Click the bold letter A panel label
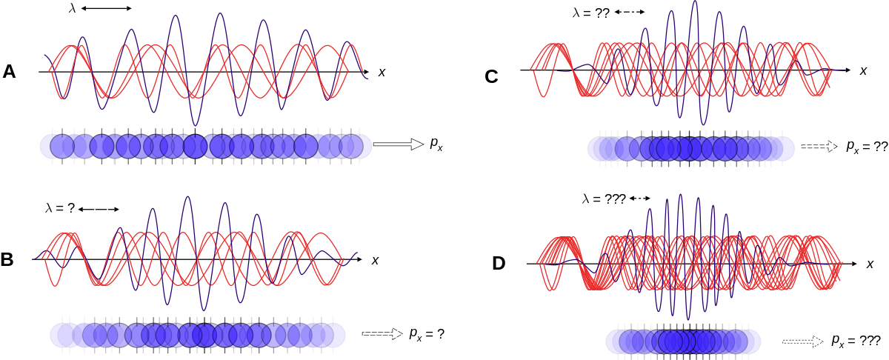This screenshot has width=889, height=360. [x=9, y=72]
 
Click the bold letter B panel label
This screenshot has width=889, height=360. [x=7, y=259]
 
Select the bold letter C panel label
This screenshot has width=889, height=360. [x=491, y=76]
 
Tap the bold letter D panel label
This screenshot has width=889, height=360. [x=499, y=264]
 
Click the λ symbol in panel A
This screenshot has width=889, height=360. [x=72, y=8]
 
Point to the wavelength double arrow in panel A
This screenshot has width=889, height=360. [x=107, y=8]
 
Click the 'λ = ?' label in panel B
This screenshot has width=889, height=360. [x=60, y=208]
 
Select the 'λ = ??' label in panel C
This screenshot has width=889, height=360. [x=591, y=13]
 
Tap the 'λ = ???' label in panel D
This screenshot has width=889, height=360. [x=604, y=199]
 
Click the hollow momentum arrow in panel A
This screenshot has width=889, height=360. [x=399, y=144]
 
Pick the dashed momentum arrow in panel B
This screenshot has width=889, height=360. [x=382, y=333]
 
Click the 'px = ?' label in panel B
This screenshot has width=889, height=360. [x=427, y=334]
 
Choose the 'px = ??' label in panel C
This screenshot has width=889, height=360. [x=867, y=147]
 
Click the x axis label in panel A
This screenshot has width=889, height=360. [x=382, y=73]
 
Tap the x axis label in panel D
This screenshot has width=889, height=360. [x=870, y=264]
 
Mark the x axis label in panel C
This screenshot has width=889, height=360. [x=863, y=70]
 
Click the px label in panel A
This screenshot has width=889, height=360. [x=436, y=144]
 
